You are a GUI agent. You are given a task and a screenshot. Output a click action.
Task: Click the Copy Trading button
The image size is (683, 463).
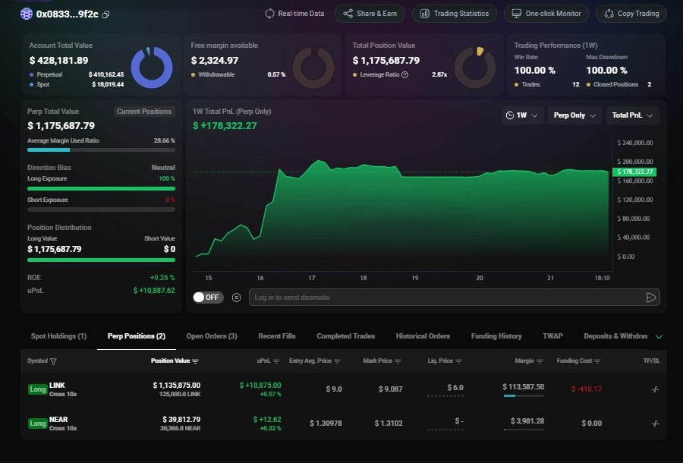tap(631, 14)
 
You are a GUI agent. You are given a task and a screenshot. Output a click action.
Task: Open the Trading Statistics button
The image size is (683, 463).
tap(455, 14)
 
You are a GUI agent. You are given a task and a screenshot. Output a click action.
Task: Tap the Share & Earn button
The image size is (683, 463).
tap(370, 14)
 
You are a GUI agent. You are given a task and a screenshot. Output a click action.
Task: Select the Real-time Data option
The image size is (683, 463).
tap(294, 14)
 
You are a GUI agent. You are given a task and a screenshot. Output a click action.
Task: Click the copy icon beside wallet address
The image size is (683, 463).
tap(105, 14)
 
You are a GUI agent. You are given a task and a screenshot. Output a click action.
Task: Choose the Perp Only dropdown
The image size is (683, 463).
tap(574, 115)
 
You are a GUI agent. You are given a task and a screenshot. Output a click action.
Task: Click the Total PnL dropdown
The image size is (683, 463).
tap(633, 115)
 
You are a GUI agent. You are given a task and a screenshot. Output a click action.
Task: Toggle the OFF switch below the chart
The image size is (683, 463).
tap(206, 298)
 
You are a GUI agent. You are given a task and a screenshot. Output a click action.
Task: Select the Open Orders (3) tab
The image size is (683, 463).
tap(212, 336)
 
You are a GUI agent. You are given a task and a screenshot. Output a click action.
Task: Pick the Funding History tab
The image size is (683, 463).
tap(496, 336)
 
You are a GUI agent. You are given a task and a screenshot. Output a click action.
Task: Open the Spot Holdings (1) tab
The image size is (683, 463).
tap(58, 336)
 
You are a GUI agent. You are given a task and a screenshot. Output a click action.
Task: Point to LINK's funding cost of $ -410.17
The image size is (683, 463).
tap(586, 389)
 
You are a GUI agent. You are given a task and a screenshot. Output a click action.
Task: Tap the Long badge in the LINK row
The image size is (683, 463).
tap(37, 389)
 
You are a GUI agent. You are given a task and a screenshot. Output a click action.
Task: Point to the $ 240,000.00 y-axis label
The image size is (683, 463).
tap(635, 143)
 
